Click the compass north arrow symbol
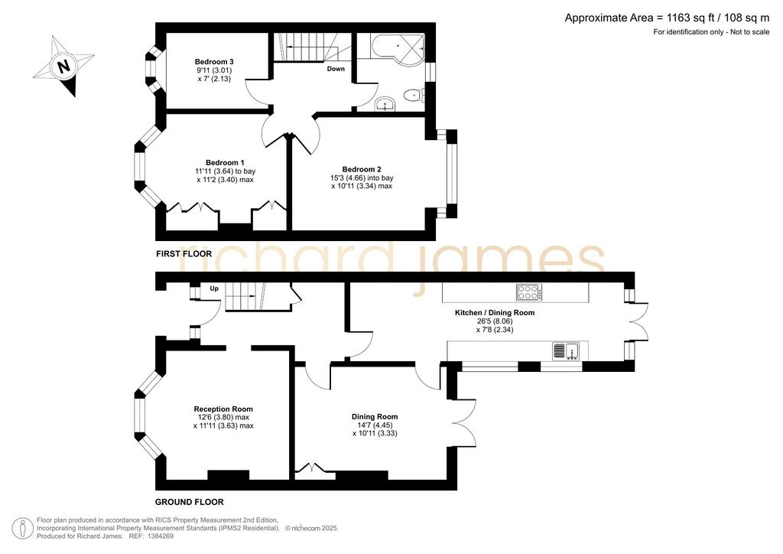coord(63,66)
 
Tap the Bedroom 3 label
coord(214,62)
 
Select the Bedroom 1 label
coord(225,163)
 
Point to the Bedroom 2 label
coord(362,169)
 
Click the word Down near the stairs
coord(336,69)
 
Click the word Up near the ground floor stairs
coord(214,288)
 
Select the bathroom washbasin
coord(385,104)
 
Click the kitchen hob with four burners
coord(529,292)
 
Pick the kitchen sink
coord(566,351)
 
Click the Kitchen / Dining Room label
coord(495,313)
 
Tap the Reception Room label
coord(223,409)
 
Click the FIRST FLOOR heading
coord(184,254)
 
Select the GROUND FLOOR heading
coord(190,502)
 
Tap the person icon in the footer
coord(22,529)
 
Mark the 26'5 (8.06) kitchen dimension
coord(495,321)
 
